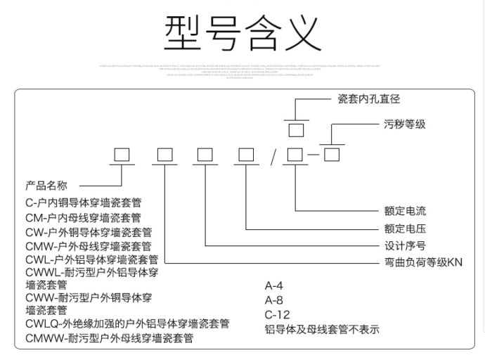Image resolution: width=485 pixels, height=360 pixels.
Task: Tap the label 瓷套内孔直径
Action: click(x=368, y=100)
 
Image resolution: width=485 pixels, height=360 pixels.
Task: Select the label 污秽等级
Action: click(x=404, y=124)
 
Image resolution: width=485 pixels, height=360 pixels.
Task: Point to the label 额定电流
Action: click(x=405, y=210)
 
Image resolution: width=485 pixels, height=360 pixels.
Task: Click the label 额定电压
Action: click(x=405, y=229)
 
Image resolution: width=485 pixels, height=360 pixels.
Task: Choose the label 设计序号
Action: click(x=405, y=246)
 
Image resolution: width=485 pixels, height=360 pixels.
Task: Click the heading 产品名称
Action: click(x=46, y=186)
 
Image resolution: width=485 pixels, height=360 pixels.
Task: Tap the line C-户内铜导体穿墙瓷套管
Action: click(x=79, y=203)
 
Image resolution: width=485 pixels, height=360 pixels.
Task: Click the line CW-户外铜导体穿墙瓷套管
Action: click(x=89, y=232)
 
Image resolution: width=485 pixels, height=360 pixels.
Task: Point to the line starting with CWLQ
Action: click(x=127, y=324)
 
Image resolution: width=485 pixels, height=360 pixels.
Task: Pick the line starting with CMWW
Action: click(x=109, y=338)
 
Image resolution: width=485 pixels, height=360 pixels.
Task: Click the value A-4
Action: click(x=273, y=286)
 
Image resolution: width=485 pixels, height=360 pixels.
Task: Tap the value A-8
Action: click(x=273, y=300)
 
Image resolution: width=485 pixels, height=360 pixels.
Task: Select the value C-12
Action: click(x=276, y=314)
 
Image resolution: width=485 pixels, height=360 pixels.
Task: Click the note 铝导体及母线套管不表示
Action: click(x=321, y=328)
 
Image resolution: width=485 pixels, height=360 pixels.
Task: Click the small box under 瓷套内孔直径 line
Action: click(x=296, y=130)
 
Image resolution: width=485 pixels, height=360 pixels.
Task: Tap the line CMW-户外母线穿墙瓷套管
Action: click(x=89, y=246)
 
